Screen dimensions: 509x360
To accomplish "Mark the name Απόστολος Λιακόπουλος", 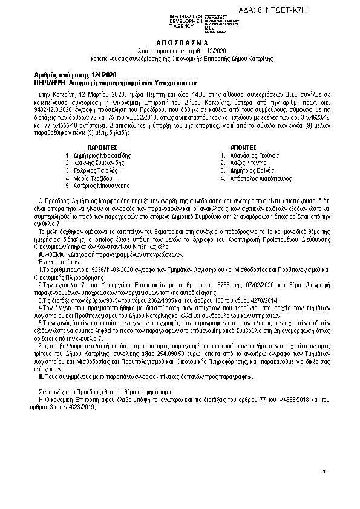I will [260, 179].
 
